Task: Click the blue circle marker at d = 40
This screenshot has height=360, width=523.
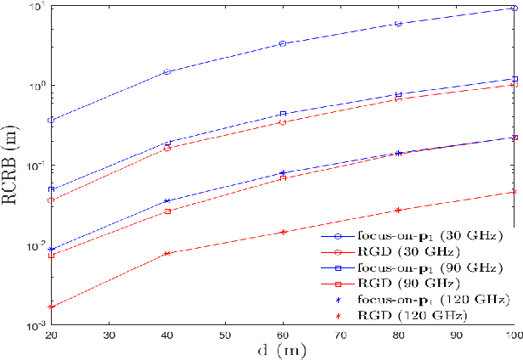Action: point(167,72)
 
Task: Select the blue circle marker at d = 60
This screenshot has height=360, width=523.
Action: point(283,43)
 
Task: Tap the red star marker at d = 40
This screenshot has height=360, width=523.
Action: point(167,253)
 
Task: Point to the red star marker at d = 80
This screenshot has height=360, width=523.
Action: point(398,210)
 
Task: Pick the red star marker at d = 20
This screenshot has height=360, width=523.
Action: point(52,307)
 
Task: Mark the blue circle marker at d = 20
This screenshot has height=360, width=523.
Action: point(52,120)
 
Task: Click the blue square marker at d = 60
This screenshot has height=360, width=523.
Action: point(283,114)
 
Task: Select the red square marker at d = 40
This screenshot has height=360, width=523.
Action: point(167,211)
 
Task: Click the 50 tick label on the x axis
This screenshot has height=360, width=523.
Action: point(224,336)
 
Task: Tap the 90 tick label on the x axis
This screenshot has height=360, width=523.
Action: point(455,336)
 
